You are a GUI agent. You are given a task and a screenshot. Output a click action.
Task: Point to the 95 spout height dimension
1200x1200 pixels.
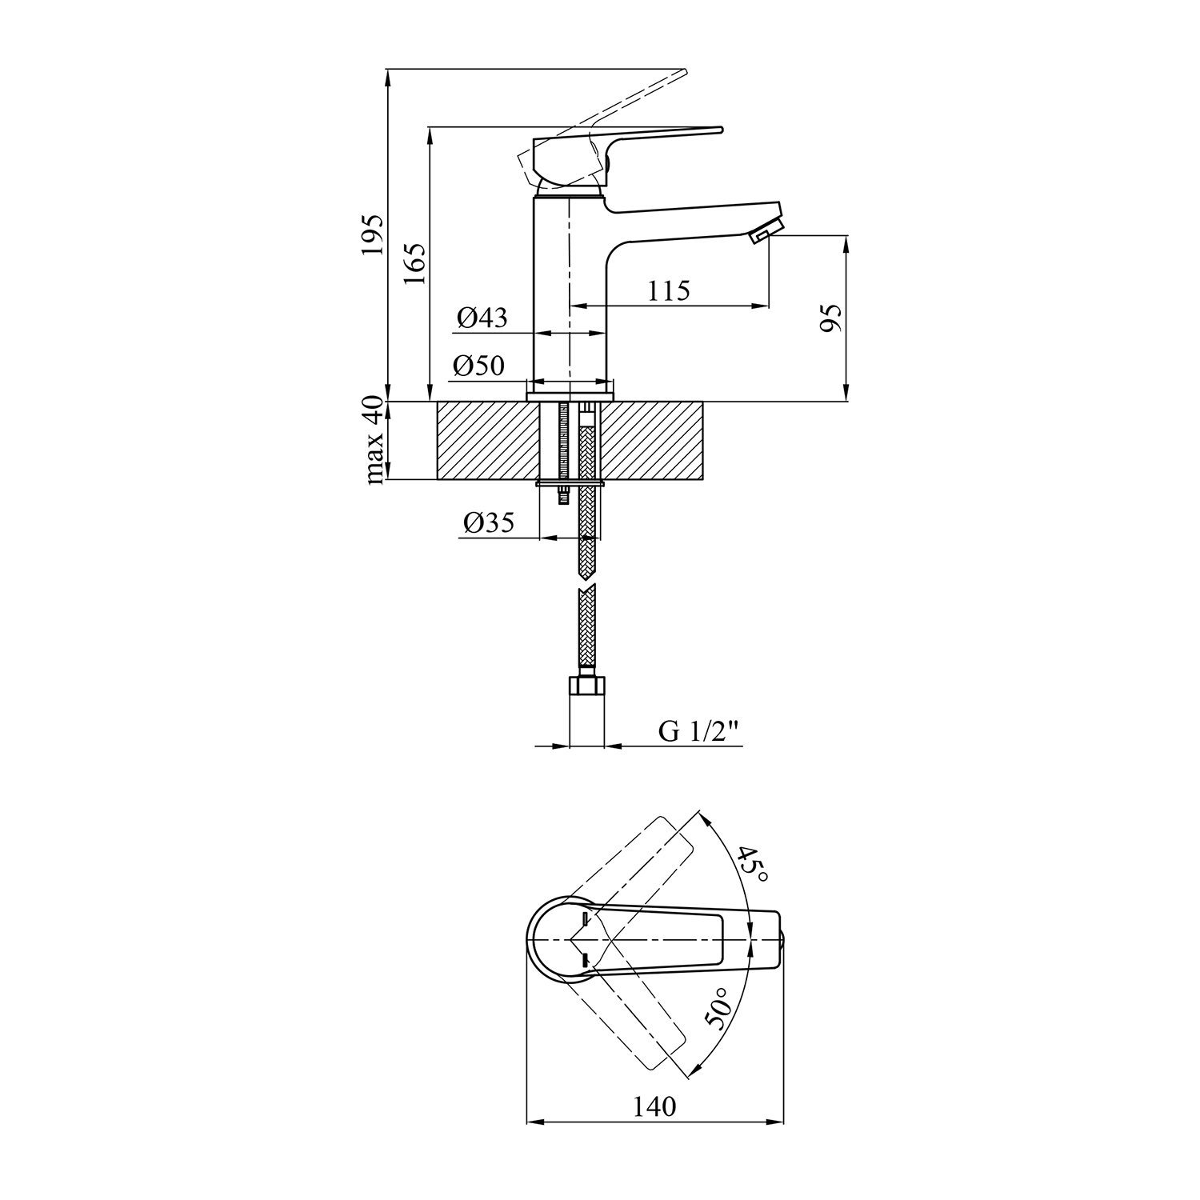832,318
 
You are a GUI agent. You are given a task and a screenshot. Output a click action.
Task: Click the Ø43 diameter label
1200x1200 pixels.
482,318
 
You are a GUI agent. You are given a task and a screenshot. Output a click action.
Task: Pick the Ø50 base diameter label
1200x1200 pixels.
478,366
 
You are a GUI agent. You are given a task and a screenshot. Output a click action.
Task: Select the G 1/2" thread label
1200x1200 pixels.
697,731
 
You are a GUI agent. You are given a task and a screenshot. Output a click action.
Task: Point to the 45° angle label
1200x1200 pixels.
753,865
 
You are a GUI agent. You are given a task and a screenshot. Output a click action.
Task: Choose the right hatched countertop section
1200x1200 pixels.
651,441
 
